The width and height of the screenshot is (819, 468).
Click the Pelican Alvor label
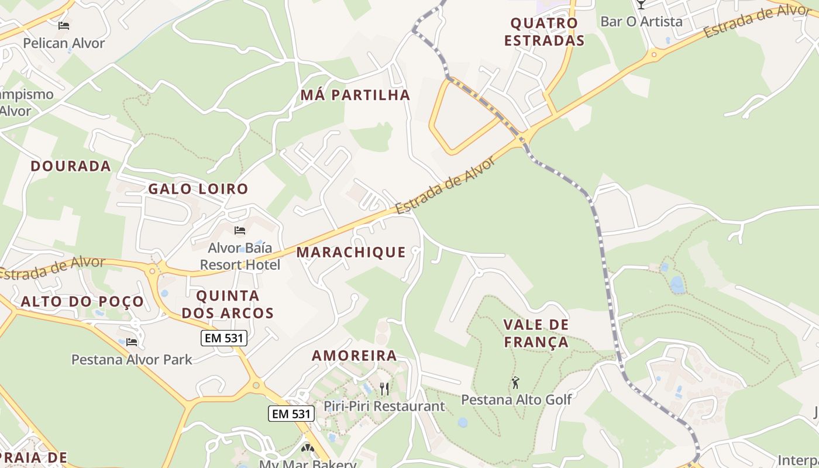point(64,43)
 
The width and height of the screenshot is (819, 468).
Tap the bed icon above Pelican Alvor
point(64,26)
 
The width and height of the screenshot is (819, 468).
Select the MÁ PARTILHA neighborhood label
point(355,95)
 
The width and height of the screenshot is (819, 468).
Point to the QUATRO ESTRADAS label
point(544,32)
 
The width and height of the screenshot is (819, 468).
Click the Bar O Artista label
point(641,22)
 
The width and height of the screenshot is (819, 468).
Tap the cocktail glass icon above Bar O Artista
point(641,4)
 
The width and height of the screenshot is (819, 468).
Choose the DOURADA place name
point(71,166)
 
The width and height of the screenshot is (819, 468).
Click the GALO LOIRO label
point(198,189)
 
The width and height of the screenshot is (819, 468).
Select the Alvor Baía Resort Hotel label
point(240,256)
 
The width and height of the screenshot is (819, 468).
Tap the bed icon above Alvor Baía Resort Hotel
point(240,230)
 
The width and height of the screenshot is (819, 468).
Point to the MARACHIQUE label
point(351,252)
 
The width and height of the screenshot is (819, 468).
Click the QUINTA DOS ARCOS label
point(228,304)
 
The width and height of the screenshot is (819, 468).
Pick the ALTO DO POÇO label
point(82,302)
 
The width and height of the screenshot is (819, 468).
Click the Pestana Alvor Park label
point(132,359)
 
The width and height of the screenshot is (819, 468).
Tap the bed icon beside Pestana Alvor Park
point(132,342)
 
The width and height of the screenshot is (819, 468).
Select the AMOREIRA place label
point(354,356)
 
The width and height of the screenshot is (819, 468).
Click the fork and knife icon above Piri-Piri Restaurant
point(384,388)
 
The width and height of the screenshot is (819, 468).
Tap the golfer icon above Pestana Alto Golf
point(515,383)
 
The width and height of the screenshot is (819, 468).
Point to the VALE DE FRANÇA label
point(536,333)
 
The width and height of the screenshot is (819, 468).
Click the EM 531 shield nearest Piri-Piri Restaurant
point(291,414)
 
